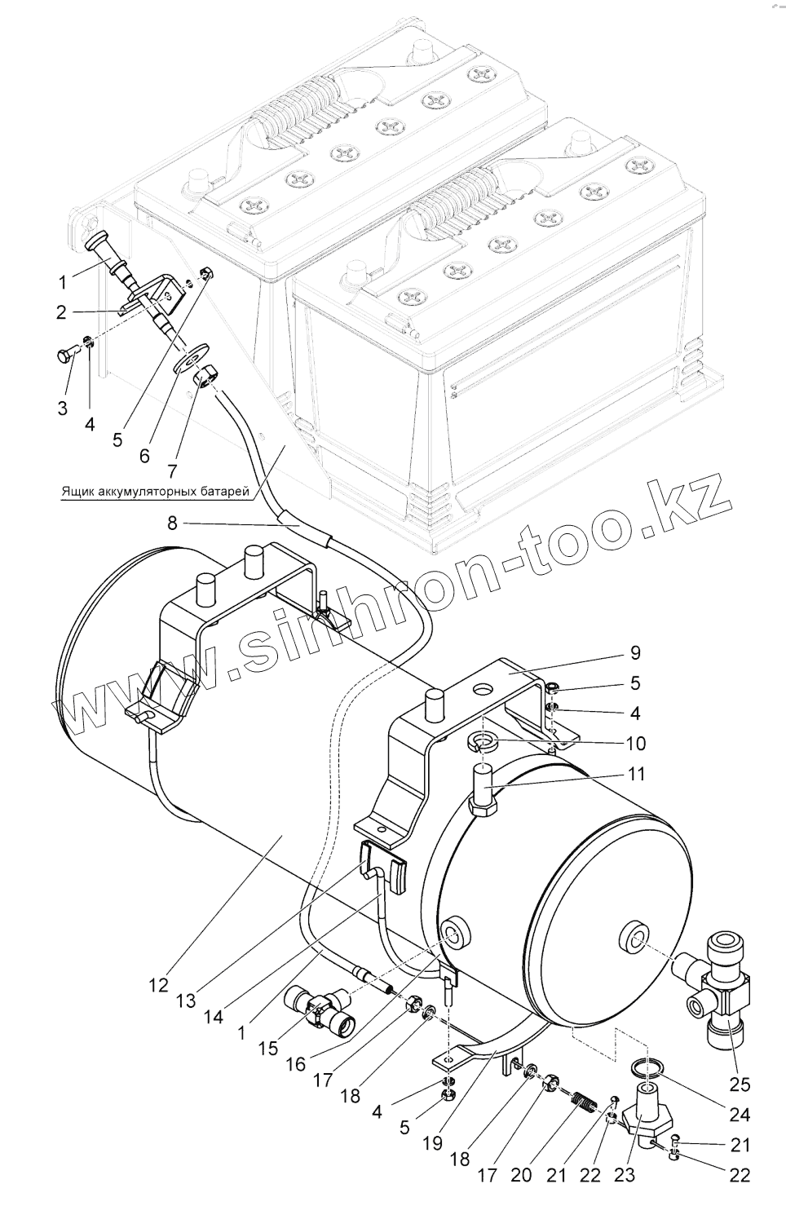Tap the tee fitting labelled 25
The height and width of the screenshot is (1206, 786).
click(718, 987)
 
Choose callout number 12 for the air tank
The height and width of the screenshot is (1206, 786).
click(159, 985)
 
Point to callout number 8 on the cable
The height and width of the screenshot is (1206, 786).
click(172, 523)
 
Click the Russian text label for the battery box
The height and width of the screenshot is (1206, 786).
click(153, 493)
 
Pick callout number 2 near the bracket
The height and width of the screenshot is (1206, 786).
click(62, 311)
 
